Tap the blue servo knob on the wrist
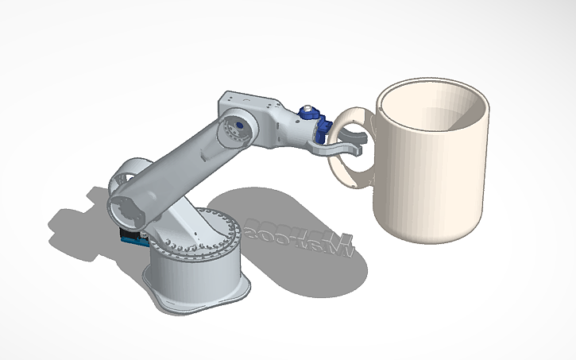(x=307, y=110)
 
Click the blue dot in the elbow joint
(x=236, y=126)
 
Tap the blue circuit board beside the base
(x=127, y=237)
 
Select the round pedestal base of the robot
(x=195, y=270)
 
